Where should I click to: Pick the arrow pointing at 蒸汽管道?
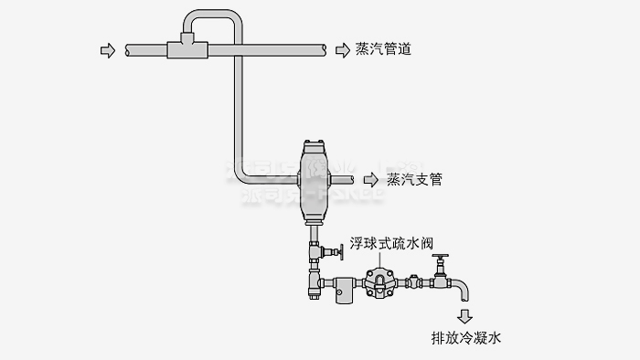[341, 49]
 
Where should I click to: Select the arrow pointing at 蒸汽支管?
[369, 179]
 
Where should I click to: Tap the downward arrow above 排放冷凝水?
[465, 316]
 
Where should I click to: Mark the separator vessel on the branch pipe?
[314, 178]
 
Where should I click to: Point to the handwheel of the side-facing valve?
[340, 250]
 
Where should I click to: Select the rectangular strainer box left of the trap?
[343, 289]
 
